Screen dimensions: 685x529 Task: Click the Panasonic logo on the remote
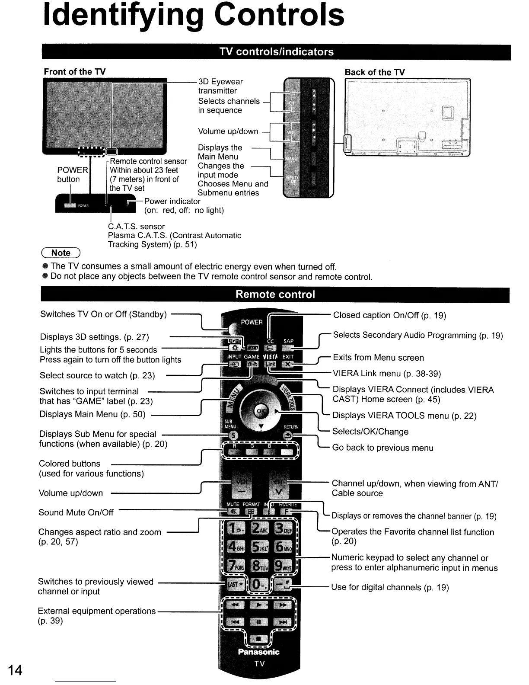[258, 652]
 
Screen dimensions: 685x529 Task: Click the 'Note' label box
[61, 253]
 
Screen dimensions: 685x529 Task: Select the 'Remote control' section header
[275, 294]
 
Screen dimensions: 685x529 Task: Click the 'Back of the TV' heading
[374, 72]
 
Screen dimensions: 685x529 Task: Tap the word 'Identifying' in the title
[123, 15]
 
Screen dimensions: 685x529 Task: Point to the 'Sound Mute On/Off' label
[76, 512]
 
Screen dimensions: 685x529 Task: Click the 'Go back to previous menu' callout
[382, 448]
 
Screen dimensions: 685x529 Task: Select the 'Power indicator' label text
[172, 201]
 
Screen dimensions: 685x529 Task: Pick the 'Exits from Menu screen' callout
[378, 358]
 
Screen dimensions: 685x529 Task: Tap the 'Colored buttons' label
[70, 464]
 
